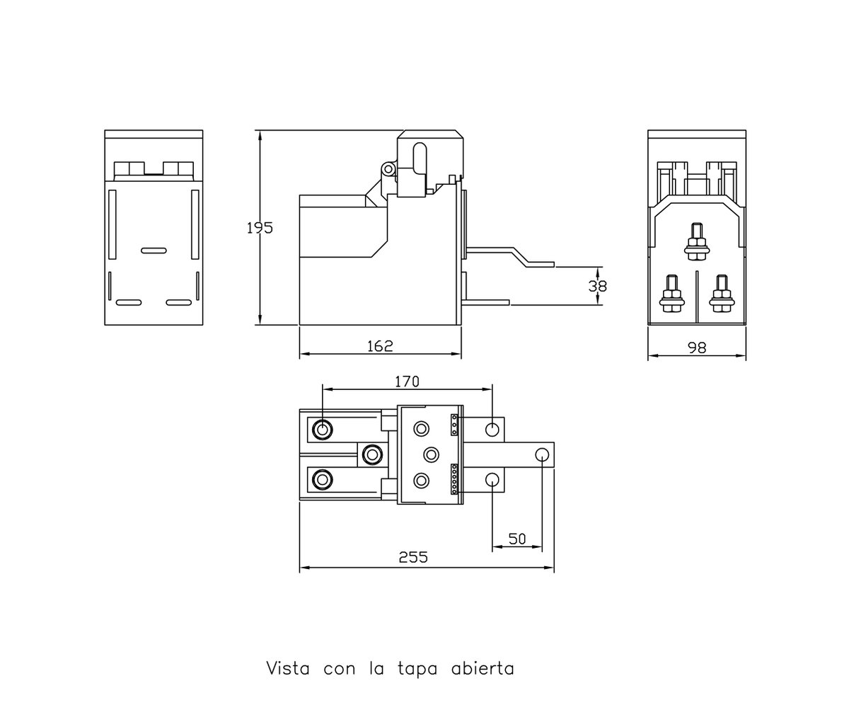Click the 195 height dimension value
(x=260, y=229)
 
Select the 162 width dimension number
(x=380, y=346)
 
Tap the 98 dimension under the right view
(x=697, y=348)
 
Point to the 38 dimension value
(x=598, y=287)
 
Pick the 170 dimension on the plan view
(x=407, y=382)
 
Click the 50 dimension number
(x=517, y=539)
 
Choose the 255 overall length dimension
(x=413, y=557)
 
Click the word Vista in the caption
(x=288, y=669)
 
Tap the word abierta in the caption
(x=483, y=669)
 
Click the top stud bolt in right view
(x=697, y=241)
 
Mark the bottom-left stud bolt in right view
(x=671, y=294)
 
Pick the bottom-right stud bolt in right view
(x=722, y=294)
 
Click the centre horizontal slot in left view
(x=154, y=251)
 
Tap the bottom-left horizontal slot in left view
(x=129, y=302)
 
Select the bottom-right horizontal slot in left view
(x=178, y=302)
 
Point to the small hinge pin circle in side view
(x=388, y=168)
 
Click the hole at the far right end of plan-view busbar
(x=542, y=454)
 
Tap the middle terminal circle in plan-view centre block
(x=431, y=454)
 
